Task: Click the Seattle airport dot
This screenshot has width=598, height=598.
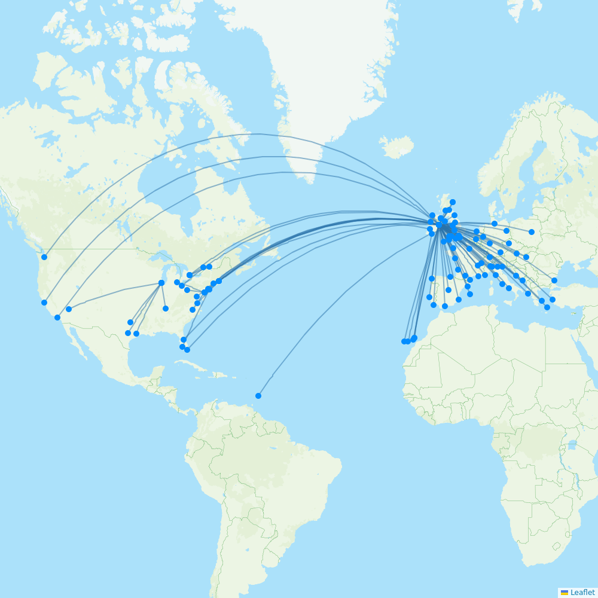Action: pyautogui.click(x=44, y=257)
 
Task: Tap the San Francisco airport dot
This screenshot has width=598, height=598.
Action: pyautogui.click(x=44, y=303)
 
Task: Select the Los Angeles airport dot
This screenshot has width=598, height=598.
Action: pyautogui.click(x=57, y=318)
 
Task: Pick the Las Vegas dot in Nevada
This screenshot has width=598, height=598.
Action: pyautogui.click(x=69, y=309)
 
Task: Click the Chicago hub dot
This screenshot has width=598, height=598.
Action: pyautogui.click(x=161, y=283)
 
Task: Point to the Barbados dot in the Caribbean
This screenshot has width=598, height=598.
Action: pyautogui.click(x=258, y=396)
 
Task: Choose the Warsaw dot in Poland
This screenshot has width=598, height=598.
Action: pyautogui.click(x=532, y=232)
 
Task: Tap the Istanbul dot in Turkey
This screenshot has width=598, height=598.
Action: pyautogui.click(x=554, y=280)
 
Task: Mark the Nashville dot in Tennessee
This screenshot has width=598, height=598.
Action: pyautogui.click(x=166, y=309)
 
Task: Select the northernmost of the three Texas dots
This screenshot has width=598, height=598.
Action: pyautogui.click(x=130, y=322)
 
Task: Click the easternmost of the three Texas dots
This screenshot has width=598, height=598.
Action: pyautogui.click(x=136, y=334)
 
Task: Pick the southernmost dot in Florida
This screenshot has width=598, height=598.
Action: pyautogui.click(x=187, y=350)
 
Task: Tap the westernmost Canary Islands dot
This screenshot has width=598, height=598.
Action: pyautogui.click(x=404, y=341)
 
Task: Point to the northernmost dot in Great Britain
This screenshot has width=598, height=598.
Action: pyautogui.click(x=453, y=202)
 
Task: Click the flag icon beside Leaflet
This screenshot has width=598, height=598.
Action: pyautogui.click(x=565, y=592)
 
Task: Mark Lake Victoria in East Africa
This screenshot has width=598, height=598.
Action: pyautogui.click(x=572, y=446)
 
